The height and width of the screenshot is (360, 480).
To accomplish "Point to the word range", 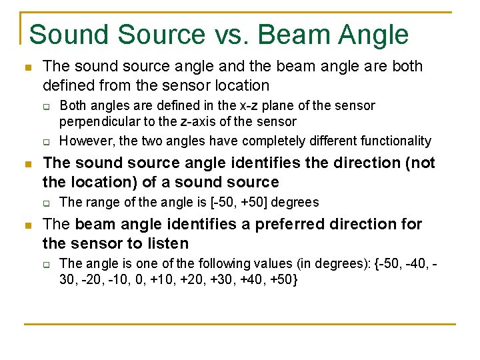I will [x=98, y=202].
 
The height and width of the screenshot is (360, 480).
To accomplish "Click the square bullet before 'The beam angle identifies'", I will [x=27, y=225].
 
